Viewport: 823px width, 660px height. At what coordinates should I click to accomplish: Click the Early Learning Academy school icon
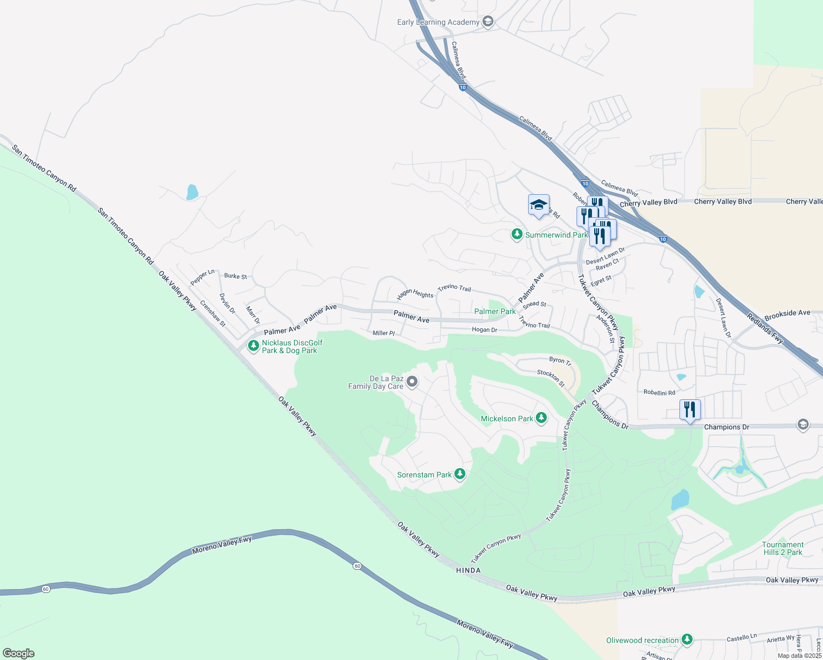pos(487,21)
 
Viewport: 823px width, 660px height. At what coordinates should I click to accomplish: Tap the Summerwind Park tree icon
pos(517,235)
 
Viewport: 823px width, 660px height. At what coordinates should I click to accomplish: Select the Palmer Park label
pos(495,311)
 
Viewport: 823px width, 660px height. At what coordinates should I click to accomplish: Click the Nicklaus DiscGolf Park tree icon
pos(253,346)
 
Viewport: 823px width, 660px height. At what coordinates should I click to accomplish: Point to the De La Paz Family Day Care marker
pos(411,382)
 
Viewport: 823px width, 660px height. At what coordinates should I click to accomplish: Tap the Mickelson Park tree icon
pos(541,419)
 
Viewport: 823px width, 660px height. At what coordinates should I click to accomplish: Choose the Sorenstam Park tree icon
pos(460,474)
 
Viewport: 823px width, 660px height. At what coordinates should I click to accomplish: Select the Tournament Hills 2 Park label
pos(782,548)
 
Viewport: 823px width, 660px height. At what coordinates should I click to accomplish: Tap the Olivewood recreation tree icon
pos(687,640)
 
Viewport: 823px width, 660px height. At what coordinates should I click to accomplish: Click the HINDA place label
pos(468,570)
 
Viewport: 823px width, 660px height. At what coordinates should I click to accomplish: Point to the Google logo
pos(19,653)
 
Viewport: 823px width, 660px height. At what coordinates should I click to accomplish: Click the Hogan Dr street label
pos(484,330)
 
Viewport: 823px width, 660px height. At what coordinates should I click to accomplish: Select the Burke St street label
pos(235,276)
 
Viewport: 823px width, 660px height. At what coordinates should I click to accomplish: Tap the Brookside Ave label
pos(787,313)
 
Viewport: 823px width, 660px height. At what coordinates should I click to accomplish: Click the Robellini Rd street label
pos(659,393)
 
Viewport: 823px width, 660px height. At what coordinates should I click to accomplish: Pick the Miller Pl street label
pos(383,333)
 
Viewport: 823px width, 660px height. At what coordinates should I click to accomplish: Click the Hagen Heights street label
pos(415,294)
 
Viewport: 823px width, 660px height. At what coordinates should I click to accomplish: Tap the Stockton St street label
pos(551,378)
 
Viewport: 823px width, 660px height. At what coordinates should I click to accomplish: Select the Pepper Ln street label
pos(202,277)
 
